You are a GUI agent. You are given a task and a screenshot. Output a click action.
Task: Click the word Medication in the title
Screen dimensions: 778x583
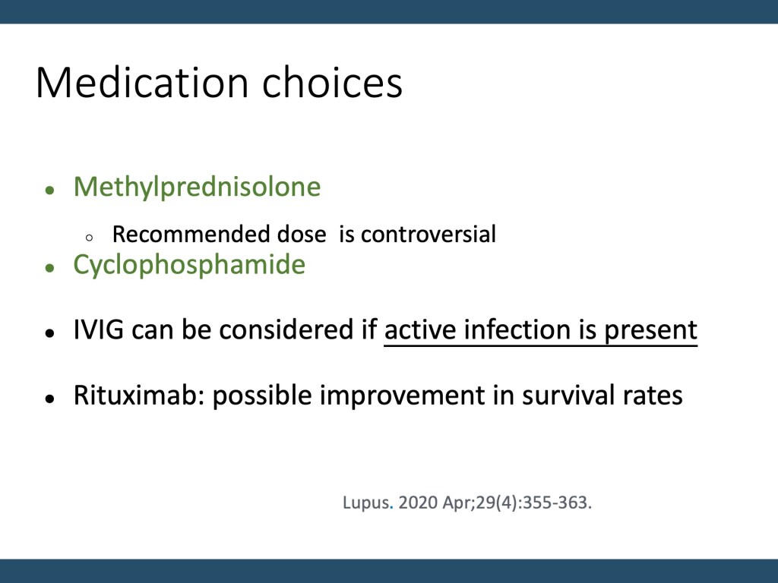[142, 82]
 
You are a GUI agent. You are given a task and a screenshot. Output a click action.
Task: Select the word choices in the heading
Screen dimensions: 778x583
[332, 82]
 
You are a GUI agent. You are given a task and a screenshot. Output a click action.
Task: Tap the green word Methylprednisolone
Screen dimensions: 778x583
[197, 188]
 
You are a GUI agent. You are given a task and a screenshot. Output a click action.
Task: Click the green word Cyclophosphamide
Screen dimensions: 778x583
[189, 265]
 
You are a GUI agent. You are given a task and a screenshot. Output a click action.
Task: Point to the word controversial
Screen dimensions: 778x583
[429, 234]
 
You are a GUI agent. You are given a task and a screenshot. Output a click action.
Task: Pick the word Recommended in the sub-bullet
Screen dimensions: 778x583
[191, 234]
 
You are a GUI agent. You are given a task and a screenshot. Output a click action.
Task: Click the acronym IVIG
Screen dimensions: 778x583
[98, 329]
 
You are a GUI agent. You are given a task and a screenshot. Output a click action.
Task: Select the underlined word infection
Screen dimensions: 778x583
[517, 329]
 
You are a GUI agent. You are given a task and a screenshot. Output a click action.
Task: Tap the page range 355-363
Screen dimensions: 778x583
[555, 503]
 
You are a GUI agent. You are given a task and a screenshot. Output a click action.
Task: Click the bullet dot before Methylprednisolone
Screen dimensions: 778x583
[49, 190]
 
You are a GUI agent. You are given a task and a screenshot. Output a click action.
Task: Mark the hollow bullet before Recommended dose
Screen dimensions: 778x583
[89, 238]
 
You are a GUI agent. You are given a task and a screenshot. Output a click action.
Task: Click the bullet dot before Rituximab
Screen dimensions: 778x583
[49, 398]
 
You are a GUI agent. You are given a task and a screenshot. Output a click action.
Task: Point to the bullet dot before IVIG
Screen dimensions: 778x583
[49, 332]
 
